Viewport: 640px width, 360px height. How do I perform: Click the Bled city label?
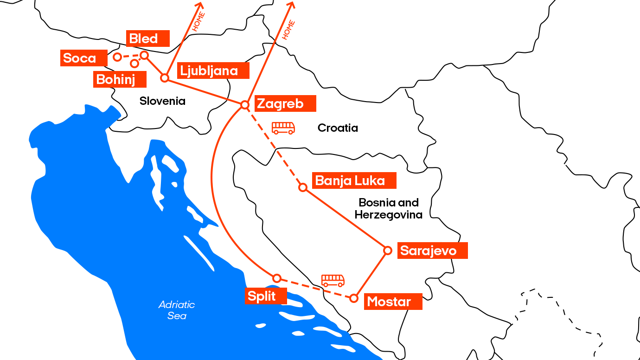(147, 39)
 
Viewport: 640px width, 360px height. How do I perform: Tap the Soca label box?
(84, 58)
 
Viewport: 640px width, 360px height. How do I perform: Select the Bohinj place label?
(120, 79)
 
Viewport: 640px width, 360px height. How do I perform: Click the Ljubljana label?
(213, 71)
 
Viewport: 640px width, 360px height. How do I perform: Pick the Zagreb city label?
(284, 103)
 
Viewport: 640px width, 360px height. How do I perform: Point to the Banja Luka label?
(354, 180)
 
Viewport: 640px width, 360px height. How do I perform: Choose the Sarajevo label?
(432, 251)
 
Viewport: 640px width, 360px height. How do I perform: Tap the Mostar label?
(393, 302)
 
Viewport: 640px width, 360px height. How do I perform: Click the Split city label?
(265, 296)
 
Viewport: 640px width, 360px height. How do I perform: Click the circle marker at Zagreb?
(245, 105)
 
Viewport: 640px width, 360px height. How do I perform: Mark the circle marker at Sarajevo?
(388, 251)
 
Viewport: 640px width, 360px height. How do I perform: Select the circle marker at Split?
(277, 278)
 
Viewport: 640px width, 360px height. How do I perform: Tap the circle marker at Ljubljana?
(164, 78)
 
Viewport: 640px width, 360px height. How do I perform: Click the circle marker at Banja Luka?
(303, 187)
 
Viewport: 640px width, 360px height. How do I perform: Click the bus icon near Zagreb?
(283, 128)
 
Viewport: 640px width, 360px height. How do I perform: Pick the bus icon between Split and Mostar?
(333, 280)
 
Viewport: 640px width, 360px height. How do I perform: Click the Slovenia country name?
(162, 101)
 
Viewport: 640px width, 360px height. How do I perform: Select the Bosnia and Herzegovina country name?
(389, 209)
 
